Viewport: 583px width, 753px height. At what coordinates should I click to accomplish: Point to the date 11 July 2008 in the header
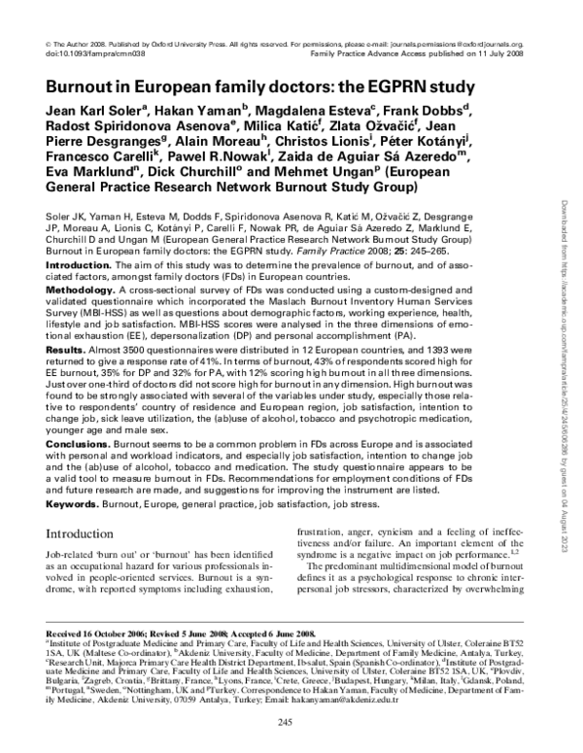coord(499,55)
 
